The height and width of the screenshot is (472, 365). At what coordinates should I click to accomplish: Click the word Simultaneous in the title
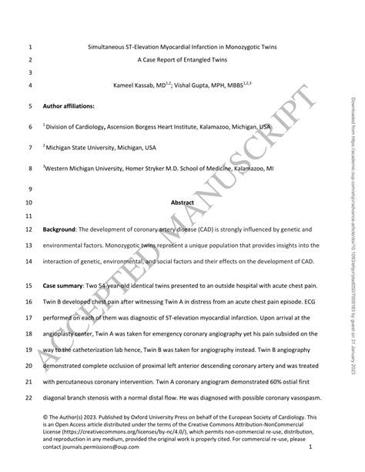point(107,46)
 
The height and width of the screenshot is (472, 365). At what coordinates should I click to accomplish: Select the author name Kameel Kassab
point(139,85)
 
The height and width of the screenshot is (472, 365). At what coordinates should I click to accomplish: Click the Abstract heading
point(182,203)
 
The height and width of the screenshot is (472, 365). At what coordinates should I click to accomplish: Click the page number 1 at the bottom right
point(309,446)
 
